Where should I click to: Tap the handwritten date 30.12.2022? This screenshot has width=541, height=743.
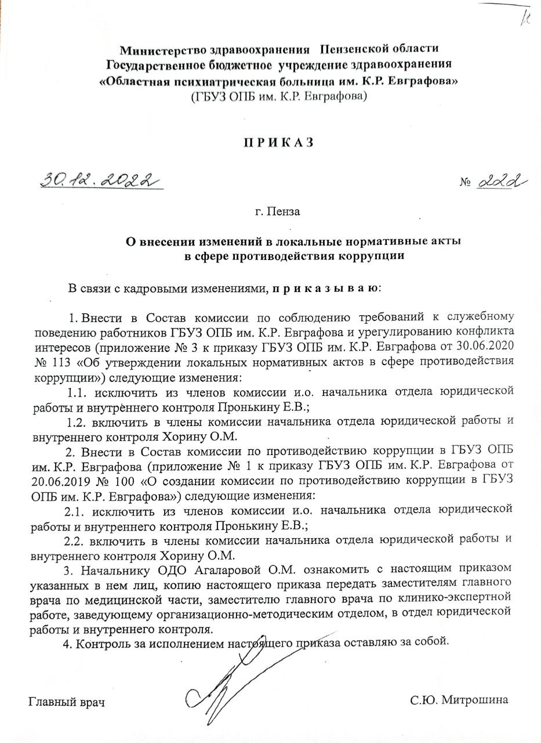tap(99, 179)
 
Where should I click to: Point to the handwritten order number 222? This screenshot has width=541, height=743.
tap(503, 182)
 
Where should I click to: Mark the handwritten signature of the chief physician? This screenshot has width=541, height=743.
tap(232, 679)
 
